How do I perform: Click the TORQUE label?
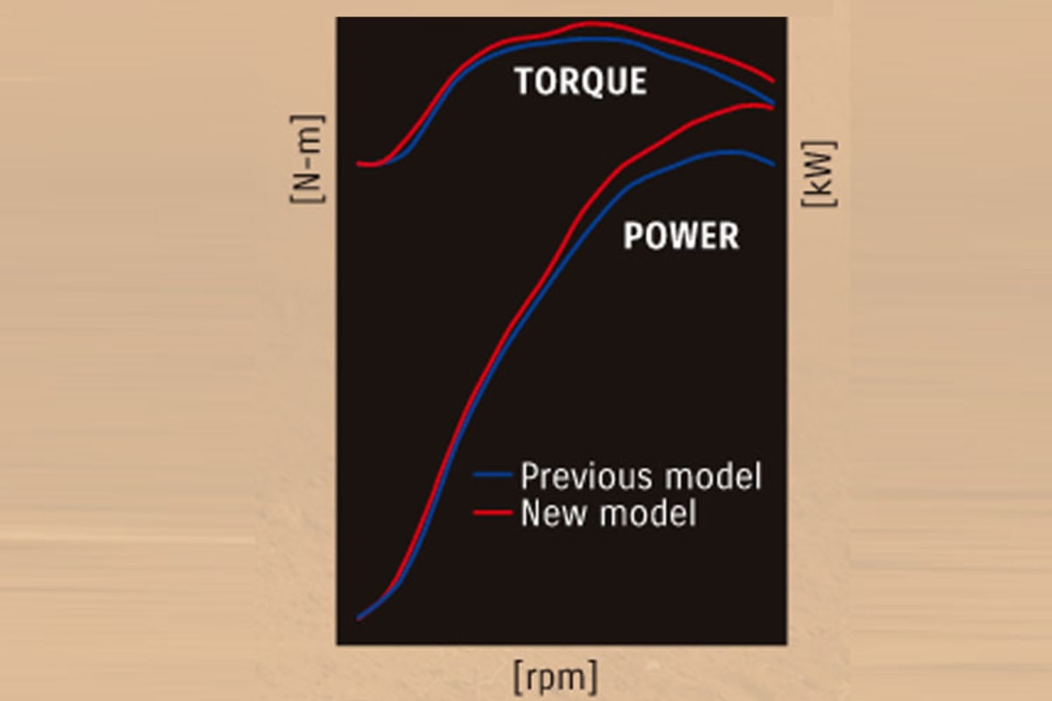(581, 81)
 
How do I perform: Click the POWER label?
(681, 235)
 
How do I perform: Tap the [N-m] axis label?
(307, 159)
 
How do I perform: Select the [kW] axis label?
(819, 173)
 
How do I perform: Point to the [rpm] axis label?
(556, 677)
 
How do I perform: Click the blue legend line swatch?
(493, 475)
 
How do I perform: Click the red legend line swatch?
(493, 513)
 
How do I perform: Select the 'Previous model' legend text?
(641, 476)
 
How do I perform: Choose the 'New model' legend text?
(608, 513)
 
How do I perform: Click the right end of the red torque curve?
(773, 81)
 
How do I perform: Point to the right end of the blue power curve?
(773, 165)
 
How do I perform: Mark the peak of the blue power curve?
(728, 152)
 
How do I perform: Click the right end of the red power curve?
(772, 109)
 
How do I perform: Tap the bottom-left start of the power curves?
(359, 619)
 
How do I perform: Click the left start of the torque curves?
(358, 164)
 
